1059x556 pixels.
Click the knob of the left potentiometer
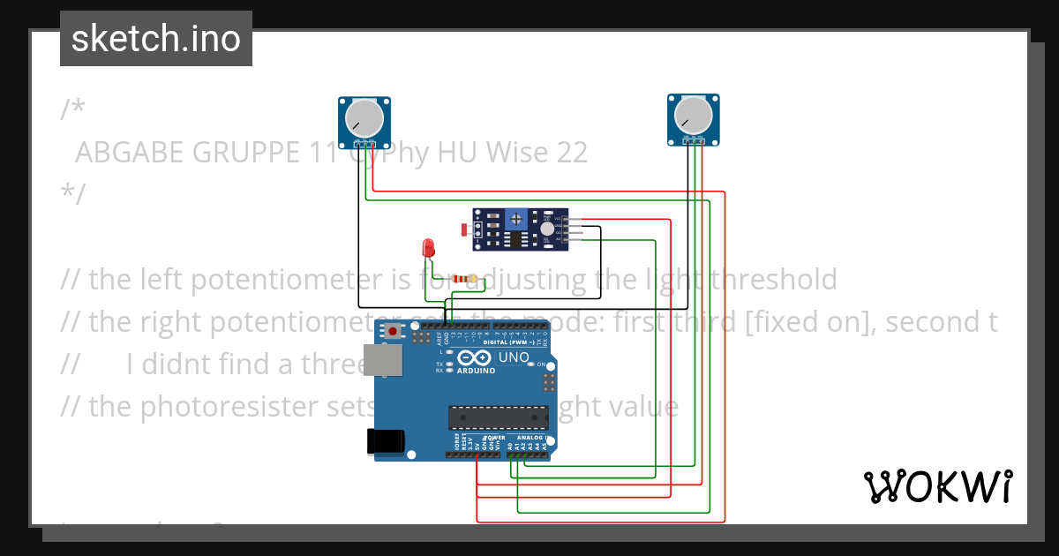[x=364, y=117]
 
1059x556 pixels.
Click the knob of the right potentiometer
[x=692, y=116]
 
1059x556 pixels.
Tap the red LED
[x=429, y=247]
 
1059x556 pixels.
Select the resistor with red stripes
[x=463, y=280]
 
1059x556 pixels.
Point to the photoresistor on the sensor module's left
[x=466, y=230]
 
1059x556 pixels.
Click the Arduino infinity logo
[x=475, y=358]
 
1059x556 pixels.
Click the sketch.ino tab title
[x=156, y=39]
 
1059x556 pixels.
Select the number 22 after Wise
[x=571, y=153]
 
